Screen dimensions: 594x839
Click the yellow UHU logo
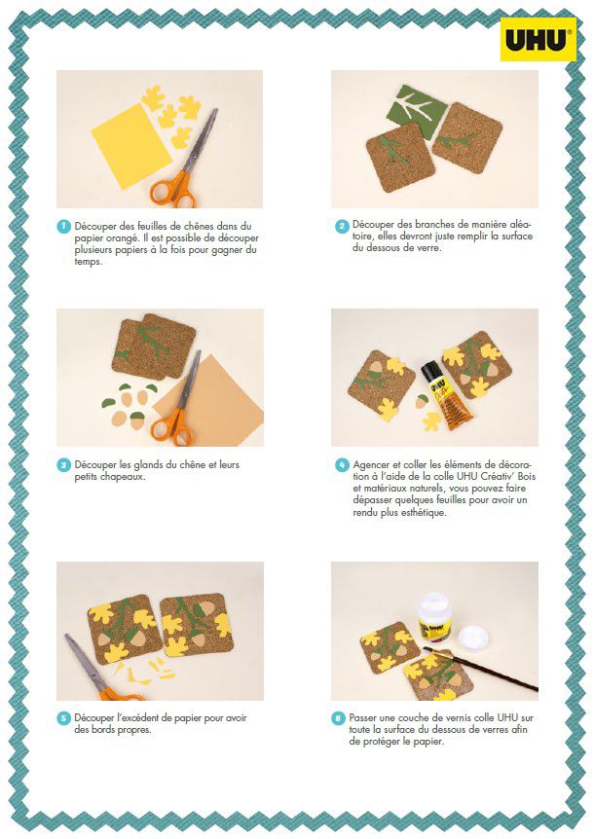[538, 39]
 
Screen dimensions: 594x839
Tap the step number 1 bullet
[64, 227]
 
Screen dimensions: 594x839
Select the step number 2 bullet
[342, 227]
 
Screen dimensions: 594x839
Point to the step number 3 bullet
[64, 465]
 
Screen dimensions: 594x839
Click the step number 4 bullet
[342, 465]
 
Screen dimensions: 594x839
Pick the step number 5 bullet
[64, 718]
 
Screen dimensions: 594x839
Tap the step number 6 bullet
[338, 718]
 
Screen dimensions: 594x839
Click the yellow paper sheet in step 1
[131, 146]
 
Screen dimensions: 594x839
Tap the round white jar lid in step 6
[473, 637]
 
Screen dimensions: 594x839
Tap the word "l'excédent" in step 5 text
[139, 718]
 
